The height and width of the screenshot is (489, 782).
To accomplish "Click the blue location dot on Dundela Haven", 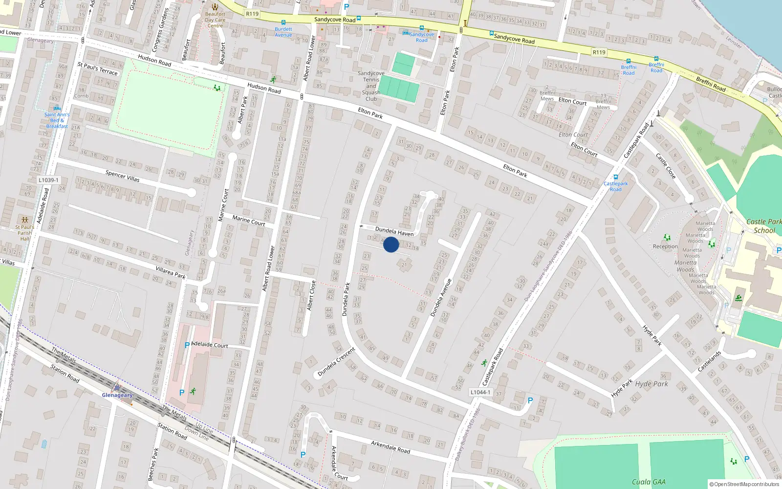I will point(391,244).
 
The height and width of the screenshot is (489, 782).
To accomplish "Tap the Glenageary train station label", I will point(117,395).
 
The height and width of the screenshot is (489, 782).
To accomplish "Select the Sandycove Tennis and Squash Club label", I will point(371,86).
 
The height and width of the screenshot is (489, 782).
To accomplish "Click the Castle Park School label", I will point(764,226).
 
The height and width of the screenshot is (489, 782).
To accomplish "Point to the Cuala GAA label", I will point(649,482).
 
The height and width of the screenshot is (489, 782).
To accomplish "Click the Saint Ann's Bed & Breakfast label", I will point(57,120).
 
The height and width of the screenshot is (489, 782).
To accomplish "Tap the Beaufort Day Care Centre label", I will point(215,20).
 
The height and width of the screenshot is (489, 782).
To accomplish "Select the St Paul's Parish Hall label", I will point(24,233).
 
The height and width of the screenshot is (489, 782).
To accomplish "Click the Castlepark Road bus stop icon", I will point(616,178).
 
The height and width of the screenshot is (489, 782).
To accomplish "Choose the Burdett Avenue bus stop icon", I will point(283,22).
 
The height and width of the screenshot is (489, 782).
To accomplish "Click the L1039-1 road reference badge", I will point(48,180).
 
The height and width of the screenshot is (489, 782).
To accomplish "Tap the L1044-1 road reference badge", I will point(480,392).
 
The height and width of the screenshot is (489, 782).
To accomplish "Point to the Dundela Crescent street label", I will point(336,362).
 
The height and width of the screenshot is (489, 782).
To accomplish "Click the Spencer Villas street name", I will point(122,176).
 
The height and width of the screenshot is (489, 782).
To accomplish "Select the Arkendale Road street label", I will point(390,447).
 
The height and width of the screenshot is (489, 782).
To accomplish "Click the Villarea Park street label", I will point(171,272).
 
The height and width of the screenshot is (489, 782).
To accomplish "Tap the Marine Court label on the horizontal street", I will point(248,221).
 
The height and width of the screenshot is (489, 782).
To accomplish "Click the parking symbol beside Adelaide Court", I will point(187,345).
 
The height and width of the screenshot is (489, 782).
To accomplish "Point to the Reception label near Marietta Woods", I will point(665,246).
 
